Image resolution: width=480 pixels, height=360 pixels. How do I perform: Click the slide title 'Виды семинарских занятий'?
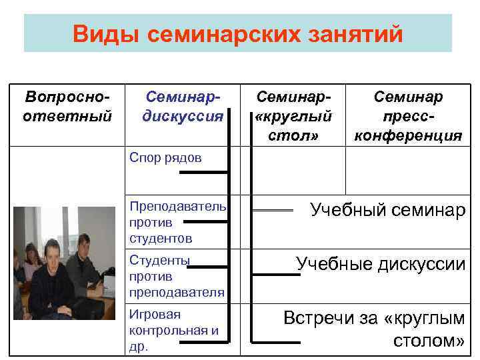tap(238, 33)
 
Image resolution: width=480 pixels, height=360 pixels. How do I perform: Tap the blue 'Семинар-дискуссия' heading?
tap(182, 107)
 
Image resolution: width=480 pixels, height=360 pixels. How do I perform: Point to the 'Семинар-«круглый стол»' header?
tap(293, 117)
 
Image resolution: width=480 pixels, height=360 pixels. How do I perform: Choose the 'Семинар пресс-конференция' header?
tap(408, 117)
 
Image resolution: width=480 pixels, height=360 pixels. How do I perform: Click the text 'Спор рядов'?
tap(165, 157)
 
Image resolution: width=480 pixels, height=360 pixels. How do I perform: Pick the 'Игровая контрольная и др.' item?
tap(173, 330)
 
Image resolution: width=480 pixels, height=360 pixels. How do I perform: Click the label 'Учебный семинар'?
tap(388, 211)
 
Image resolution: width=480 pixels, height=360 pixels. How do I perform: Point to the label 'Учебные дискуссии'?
tap(381, 264)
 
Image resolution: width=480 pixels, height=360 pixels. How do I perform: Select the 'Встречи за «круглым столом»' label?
tap(374, 329)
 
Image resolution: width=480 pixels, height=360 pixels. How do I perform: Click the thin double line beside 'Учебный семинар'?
tap(273, 211)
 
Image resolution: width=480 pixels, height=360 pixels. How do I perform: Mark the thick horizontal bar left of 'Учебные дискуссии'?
tap(277, 273)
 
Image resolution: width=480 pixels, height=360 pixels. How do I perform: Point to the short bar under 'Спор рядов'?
tap(203, 173)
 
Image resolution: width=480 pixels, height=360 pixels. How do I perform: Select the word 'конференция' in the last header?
tap(408, 136)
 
